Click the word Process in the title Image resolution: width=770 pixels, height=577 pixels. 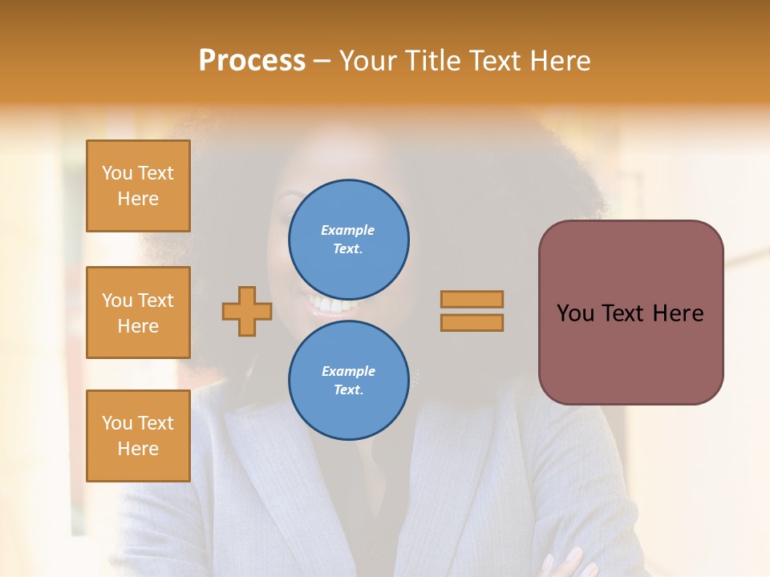click(x=252, y=61)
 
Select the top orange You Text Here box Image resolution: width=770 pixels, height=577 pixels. click(x=138, y=186)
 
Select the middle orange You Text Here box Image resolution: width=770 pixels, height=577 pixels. click(x=138, y=313)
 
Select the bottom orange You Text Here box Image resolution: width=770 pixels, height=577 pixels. click(x=138, y=436)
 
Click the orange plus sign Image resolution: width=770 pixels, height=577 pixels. click(x=247, y=311)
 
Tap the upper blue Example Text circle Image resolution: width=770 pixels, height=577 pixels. click(x=349, y=240)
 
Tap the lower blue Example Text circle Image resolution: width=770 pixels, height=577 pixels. click(x=349, y=381)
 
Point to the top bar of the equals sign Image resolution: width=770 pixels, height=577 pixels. click(x=472, y=300)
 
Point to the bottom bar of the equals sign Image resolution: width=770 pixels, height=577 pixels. click(x=472, y=323)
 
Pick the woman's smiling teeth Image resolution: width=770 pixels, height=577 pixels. click(x=331, y=305)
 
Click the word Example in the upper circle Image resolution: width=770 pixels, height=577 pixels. click(x=348, y=230)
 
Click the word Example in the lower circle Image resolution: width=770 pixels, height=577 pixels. click(x=348, y=371)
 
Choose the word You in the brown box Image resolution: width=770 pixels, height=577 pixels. click(x=575, y=313)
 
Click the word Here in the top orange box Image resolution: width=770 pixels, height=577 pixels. click(x=138, y=199)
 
